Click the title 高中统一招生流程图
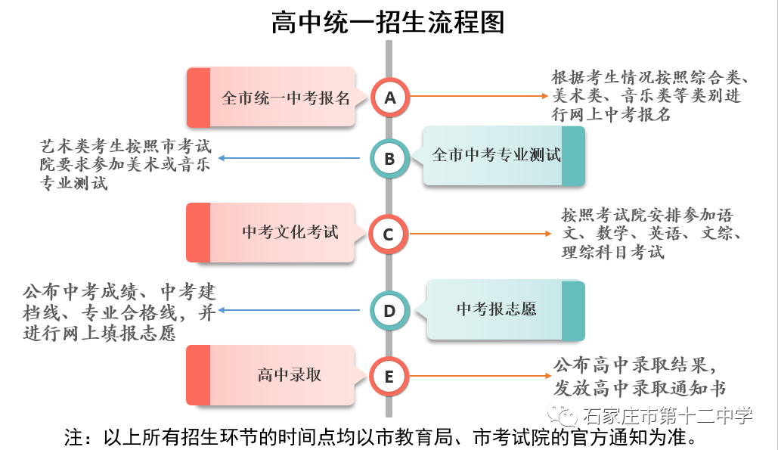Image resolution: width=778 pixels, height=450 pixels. click(x=388, y=22)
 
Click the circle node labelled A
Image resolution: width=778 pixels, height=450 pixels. click(x=389, y=98)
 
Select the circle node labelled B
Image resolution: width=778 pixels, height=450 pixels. click(x=389, y=159)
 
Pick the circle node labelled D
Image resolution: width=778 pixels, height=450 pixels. click(x=389, y=310)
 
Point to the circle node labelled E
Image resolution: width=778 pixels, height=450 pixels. click(x=389, y=376)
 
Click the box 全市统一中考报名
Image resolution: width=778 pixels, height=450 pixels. click(x=271, y=98)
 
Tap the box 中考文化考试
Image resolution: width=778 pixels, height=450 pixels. click(x=271, y=233)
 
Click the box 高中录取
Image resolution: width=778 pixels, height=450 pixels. click(x=271, y=375)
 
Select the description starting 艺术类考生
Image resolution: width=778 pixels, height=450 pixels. click(x=125, y=163)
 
